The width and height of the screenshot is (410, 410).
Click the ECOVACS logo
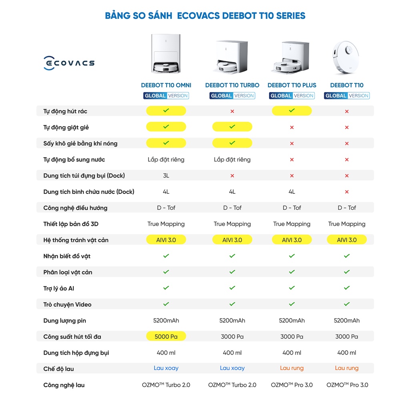tap(69, 63)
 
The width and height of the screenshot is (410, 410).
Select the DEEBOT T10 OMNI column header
tap(166, 85)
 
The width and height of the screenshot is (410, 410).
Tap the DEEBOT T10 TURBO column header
tap(232, 85)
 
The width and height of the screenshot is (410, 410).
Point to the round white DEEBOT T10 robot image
tap(346, 57)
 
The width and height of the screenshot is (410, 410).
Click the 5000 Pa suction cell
tap(166, 336)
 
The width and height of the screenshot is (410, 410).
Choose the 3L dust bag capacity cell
tap(166, 175)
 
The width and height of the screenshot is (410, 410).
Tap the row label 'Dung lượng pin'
tap(64, 320)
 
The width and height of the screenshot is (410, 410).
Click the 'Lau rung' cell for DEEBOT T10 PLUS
tap(291, 368)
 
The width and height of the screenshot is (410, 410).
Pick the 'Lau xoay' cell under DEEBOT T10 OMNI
tap(166, 368)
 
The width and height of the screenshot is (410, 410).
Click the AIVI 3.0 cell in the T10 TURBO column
tap(232, 240)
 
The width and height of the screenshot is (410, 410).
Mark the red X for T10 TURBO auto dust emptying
tap(232, 111)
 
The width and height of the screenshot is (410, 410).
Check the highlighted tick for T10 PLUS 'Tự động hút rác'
tap(291, 111)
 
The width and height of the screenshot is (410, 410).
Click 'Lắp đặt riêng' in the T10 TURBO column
tap(232, 159)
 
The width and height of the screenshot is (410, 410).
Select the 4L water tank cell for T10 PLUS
tap(291, 192)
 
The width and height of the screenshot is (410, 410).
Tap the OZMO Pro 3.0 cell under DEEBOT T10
tap(347, 385)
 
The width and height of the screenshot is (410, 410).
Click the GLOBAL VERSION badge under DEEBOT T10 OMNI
tap(166, 96)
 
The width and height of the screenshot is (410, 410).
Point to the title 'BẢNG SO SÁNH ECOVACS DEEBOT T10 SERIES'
tap(205, 16)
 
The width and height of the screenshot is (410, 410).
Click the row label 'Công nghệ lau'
tap(64, 385)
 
